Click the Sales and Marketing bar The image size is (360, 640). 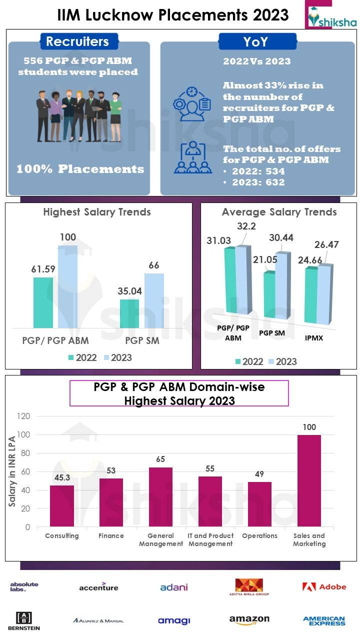(x=309, y=480)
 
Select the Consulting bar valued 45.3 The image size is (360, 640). (x=61, y=506)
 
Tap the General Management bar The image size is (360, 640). (x=160, y=497)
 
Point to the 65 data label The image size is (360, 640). (x=160, y=459)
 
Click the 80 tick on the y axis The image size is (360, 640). (x=24, y=453)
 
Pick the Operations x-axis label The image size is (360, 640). (x=259, y=535)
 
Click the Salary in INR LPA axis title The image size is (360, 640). (x=12, y=471)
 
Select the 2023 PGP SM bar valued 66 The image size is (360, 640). (x=154, y=300)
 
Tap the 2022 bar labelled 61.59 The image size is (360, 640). (x=43, y=302)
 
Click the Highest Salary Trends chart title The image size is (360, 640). (x=97, y=212)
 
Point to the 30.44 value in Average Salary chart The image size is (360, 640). (x=281, y=237)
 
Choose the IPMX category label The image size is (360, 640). (x=313, y=338)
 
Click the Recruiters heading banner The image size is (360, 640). (x=77, y=41)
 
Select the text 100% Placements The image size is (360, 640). (x=80, y=169)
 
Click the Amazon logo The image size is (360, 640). (x=249, y=620)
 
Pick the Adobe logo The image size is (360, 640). (x=324, y=586)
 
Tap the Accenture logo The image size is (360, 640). (x=98, y=586)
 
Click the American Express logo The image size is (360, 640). (x=324, y=620)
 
